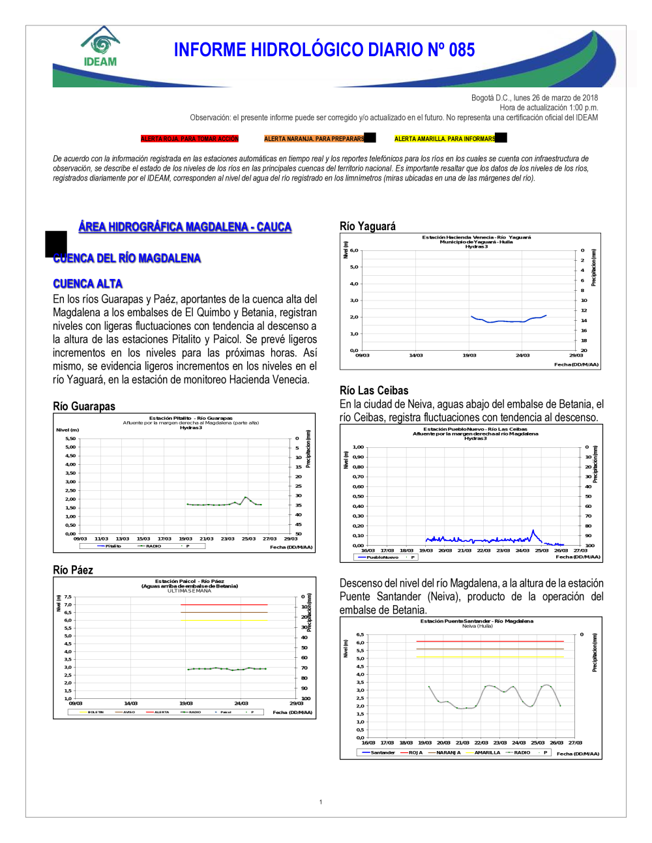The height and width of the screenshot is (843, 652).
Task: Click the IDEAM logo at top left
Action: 100,47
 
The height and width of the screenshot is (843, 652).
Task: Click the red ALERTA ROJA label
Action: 190,139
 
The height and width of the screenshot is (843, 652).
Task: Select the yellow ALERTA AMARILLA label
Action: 445,139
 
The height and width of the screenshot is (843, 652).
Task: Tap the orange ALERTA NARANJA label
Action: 314,139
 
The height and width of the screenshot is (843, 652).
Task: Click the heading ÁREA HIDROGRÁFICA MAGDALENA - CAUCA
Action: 185,227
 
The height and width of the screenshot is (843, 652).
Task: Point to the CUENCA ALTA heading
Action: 88,284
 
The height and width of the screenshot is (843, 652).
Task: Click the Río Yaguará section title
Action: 368,226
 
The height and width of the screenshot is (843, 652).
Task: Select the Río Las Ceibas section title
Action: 374,391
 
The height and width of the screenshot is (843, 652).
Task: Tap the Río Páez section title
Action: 73,570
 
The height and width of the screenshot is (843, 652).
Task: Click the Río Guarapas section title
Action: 84,406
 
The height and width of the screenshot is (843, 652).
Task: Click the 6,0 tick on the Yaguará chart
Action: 354,250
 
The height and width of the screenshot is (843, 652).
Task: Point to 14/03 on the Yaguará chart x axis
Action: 416,355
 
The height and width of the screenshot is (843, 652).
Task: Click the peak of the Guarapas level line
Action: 246,497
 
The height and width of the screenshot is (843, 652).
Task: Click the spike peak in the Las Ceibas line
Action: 533,531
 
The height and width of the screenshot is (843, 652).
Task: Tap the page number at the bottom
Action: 321,802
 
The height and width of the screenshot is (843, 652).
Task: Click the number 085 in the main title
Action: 462,50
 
